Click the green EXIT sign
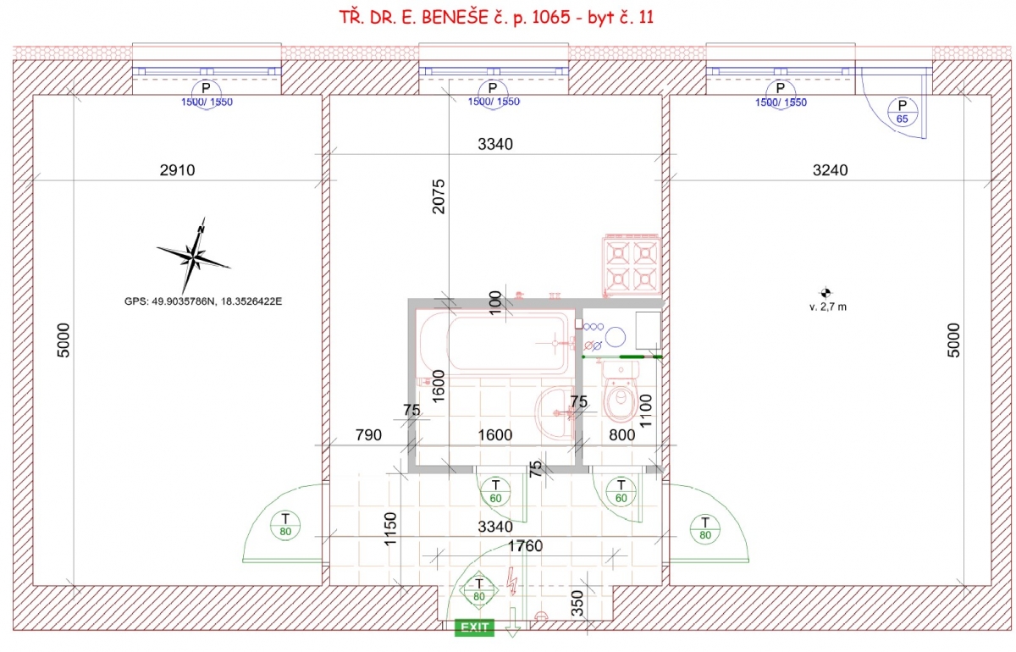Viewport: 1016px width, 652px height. (474, 627)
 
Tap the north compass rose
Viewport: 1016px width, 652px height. (194, 257)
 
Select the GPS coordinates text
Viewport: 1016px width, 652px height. (203, 301)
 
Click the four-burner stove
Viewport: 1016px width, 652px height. (632, 265)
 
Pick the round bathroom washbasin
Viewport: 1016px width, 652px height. (555, 412)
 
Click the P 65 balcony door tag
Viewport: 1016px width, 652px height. (903, 112)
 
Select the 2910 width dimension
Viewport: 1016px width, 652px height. (177, 170)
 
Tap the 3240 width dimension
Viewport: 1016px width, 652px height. (830, 170)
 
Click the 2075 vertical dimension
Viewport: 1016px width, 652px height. (439, 196)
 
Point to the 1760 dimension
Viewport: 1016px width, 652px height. (525, 546)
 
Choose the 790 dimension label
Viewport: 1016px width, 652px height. (368, 435)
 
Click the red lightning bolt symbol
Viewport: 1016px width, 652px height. (512, 581)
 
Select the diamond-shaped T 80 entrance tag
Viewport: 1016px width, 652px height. (479, 590)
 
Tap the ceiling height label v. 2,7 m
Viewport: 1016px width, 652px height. (828, 307)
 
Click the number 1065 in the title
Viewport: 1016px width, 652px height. (551, 17)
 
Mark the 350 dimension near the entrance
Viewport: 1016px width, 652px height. (577, 603)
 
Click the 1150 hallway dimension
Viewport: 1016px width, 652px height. (390, 529)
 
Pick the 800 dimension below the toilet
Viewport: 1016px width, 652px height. (621, 435)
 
